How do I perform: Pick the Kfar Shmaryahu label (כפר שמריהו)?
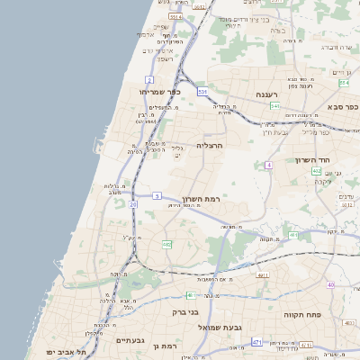(x=160, y=92)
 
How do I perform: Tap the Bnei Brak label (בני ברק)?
(x=184, y=312)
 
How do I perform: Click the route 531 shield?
(x=203, y=91)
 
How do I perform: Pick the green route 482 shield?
(x=166, y=244)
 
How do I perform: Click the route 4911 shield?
(x=263, y=275)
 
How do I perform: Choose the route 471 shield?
(x=257, y=342)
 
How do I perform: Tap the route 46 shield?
(x=190, y=294)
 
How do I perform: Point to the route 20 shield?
(x=133, y=205)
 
